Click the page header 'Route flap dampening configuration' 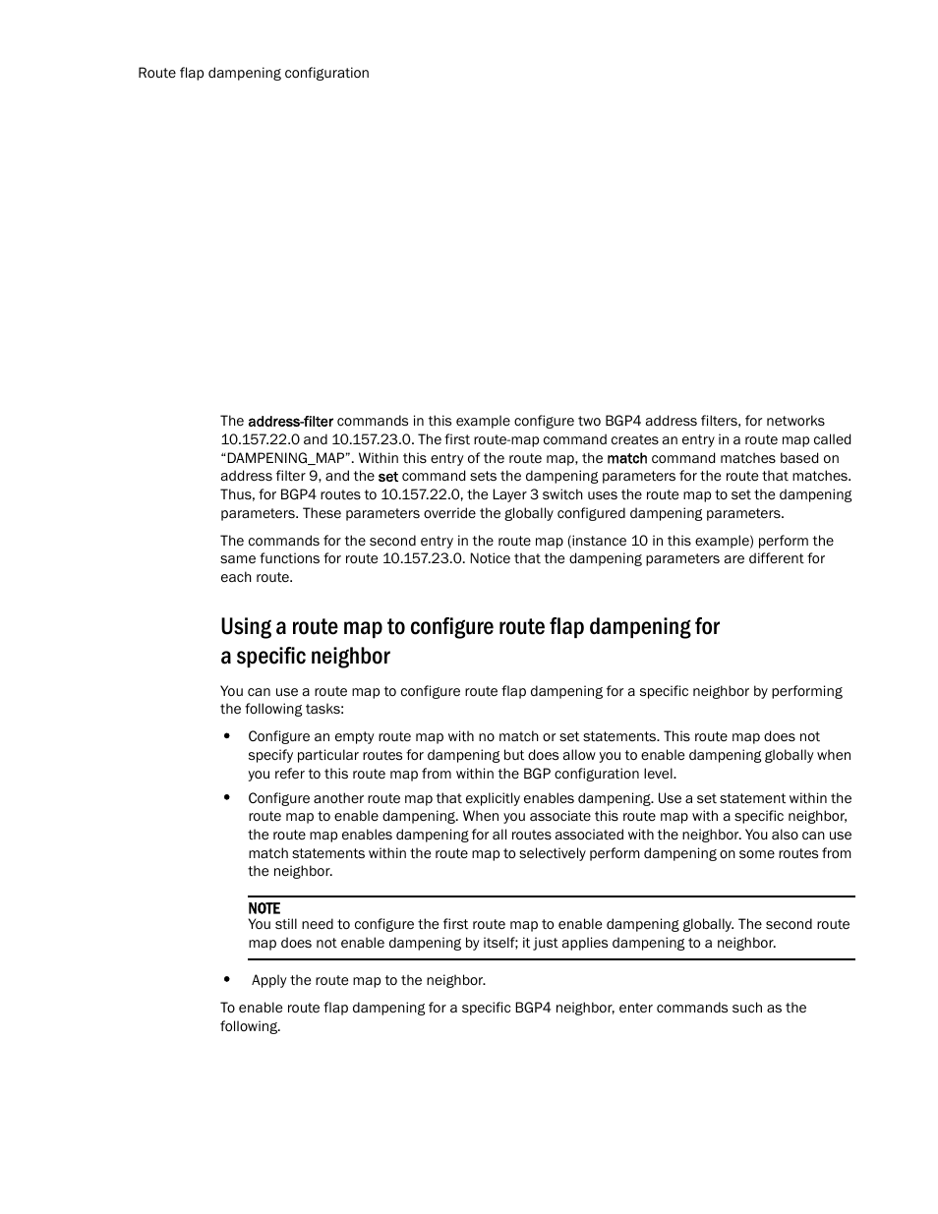[x=254, y=73]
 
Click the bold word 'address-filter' [x=290, y=422]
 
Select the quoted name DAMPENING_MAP [x=286, y=458]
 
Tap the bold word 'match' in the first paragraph [x=626, y=458]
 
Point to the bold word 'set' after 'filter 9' [x=387, y=477]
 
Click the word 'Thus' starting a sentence [x=235, y=494]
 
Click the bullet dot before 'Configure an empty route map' [x=227, y=736]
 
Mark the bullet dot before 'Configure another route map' [x=227, y=798]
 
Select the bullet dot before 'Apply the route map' [x=227, y=980]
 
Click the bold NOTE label [x=264, y=908]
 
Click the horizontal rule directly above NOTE [x=551, y=896]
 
